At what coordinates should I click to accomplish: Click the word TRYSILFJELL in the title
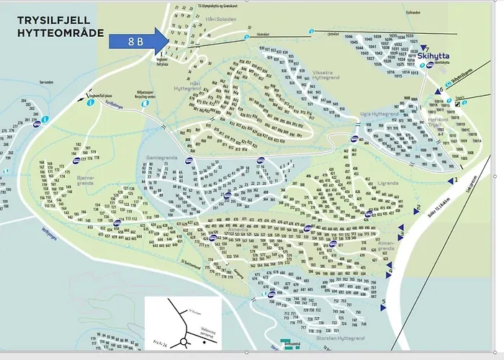tap(45, 21)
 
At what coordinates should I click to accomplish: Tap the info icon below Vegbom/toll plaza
tap(90, 103)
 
